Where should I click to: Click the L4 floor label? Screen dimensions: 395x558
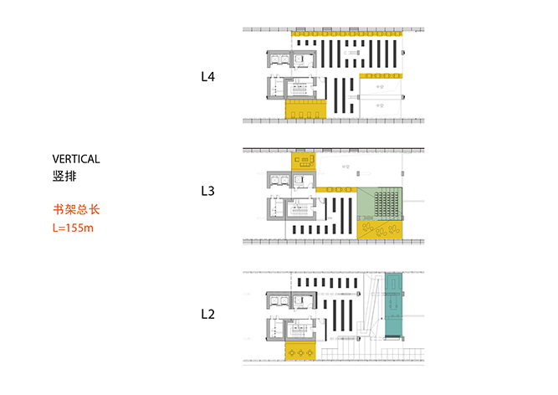(208, 77)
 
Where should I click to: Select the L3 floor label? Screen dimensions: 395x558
(208, 191)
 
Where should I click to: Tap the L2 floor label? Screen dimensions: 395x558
(208, 315)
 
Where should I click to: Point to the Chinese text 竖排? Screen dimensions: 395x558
(62, 177)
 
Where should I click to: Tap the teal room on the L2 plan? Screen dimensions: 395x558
(392, 304)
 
